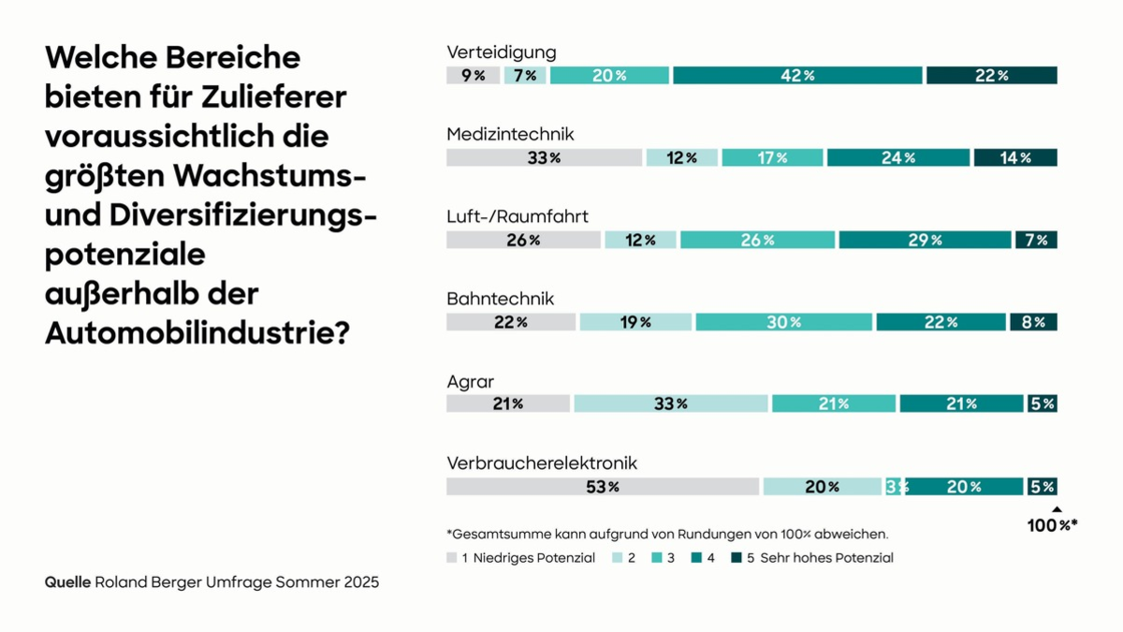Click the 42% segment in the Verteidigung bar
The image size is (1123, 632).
(x=797, y=76)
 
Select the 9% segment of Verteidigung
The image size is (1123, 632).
(x=473, y=76)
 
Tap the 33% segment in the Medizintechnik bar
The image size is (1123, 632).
(x=544, y=157)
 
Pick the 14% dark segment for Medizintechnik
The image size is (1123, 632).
(x=1015, y=157)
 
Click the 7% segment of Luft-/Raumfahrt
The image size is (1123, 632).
(x=1036, y=240)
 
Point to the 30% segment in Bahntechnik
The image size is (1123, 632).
(x=783, y=322)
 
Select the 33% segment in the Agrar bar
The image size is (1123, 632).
(x=670, y=404)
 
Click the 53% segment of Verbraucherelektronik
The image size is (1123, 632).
(x=602, y=486)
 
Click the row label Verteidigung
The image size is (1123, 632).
(x=502, y=51)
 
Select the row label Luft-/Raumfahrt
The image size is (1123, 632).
(x=518, y=216)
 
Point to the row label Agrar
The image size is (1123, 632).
(x=471, y=381)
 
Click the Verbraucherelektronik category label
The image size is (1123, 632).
(x=542, y=463)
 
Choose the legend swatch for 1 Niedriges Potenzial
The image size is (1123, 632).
(x=452, y=558)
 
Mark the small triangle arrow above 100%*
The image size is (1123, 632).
(x=1057, y=509)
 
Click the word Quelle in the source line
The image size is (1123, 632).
(x=67, y=582)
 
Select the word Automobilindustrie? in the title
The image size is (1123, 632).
(x=197, y=331)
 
